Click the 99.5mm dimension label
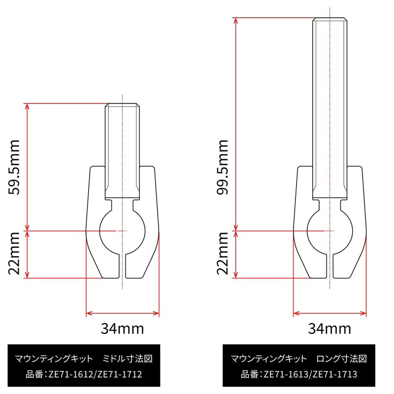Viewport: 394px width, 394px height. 222,166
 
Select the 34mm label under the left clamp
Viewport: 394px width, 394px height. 123,328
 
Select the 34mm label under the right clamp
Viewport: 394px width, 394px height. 329,328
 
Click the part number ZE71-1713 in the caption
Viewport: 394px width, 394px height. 334,375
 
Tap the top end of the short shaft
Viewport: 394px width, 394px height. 123,105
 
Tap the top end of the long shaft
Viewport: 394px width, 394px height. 330,20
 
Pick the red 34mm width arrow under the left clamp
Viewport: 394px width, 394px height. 123,313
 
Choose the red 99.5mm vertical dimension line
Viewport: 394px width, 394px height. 236,123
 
